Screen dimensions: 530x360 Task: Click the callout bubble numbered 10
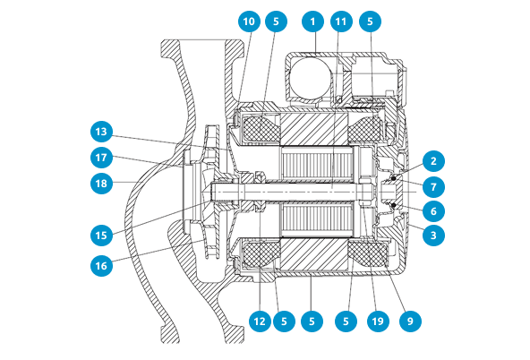[249, 21]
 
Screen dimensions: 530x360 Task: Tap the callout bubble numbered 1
[312, 21]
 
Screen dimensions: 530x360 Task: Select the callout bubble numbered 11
[341, 21]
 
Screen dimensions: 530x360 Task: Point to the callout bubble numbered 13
[101, 132]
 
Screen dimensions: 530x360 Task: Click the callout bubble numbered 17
[101, 158]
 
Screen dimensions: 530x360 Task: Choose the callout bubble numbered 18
[101, 184]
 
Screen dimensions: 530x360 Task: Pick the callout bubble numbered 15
[101, 236]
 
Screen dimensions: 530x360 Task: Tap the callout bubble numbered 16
[101, 266]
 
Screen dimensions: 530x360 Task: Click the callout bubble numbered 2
[433, 161]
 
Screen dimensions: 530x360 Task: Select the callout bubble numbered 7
[433, 186]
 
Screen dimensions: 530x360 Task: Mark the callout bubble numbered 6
[433, 211]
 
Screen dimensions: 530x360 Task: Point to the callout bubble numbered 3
[433, 235]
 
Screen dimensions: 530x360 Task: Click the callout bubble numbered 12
[260, 321]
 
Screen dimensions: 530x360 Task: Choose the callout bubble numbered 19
[378, 321]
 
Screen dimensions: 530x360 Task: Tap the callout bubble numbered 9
[410, 321]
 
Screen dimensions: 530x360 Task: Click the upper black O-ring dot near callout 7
[394, 178]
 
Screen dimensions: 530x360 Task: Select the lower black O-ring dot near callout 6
[394, 205]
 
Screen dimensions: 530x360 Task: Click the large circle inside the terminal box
[310, 78]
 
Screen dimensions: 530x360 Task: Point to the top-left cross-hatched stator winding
[260, 127]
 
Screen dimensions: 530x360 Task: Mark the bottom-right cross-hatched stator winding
[369, 253]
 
